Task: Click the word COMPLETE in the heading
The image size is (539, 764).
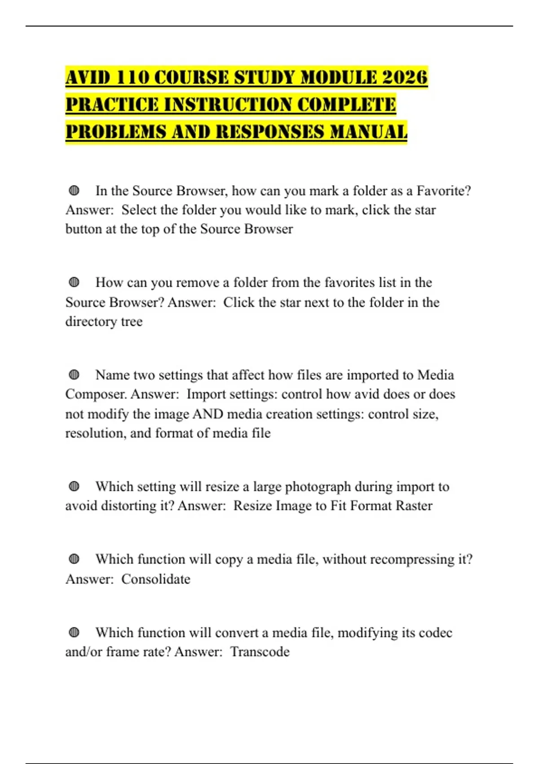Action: (x=346, y=105)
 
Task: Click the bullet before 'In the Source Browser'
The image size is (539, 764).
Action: (x=74, y=191)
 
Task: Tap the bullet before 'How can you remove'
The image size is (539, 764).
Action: (x=74, y=283)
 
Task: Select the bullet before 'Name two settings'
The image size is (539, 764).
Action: (x=74, y=375)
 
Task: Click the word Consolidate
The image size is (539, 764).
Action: (x=156, y=579)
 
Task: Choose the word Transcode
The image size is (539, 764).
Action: (x=260, y=652)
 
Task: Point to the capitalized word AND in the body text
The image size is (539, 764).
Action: (x=208, y=414)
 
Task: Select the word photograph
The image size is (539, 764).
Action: (x=318, y=487)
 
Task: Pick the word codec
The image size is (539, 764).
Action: (x=435, y=633)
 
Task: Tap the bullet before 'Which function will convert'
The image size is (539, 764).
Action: (x=74, y=633)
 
